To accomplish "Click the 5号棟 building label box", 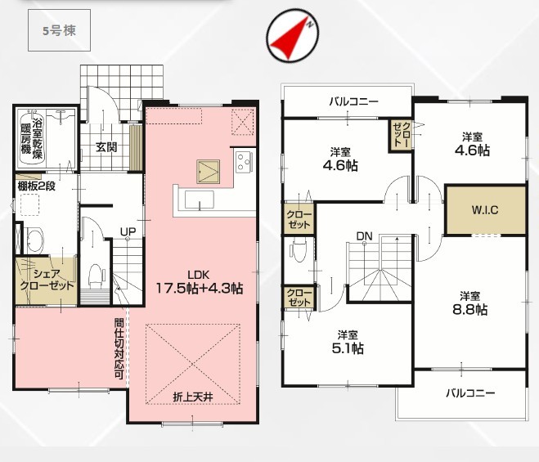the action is (x=59, y=30).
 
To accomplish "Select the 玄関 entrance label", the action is (x=106, y=147).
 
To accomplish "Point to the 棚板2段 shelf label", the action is (x=37, y=186).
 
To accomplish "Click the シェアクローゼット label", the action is (x=47, y=280).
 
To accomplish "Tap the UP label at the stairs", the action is (x=128, y=231).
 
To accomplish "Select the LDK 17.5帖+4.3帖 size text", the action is (x=200, y=283).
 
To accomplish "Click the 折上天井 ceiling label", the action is (x=193, y=397).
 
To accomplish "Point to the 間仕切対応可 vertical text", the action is (x=119, y=348).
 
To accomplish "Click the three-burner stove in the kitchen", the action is (x=245, y=162).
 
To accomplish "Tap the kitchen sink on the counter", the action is (x=199, y=200).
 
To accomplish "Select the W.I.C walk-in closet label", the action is (x=485, y=209).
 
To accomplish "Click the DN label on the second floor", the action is (x=364, y=236).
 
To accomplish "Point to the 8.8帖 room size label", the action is (x=469, y=310).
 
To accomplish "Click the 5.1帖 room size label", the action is (x=348, y=348).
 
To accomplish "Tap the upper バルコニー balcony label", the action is (x=353, y=101).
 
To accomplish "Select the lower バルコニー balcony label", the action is (x=470, y=393).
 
